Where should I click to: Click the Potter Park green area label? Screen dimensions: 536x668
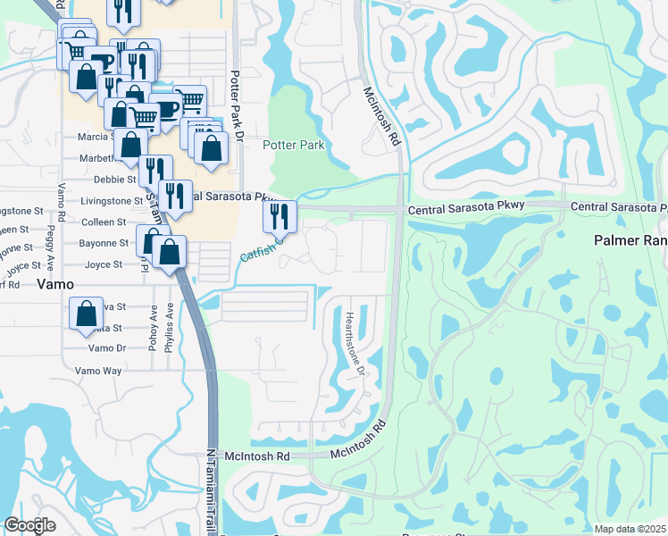coord(293,145)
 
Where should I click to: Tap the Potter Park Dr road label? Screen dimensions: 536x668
coord(238,104)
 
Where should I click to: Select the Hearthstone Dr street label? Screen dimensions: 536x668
coord(355,343)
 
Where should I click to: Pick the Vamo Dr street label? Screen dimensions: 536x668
coord(107,348)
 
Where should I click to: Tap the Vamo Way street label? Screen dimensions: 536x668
coord(98,371)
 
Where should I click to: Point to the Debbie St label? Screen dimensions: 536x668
coord(113,180)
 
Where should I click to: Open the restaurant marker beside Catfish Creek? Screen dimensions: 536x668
coord(280,215)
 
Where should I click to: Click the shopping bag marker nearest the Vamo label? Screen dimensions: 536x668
coord(86,314)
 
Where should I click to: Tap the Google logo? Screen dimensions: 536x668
coord(29,525)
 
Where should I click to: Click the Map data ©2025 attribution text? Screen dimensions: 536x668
coord(629,529)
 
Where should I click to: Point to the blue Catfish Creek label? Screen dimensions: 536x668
coord(261,248)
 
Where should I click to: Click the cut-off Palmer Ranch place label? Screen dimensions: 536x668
coord(630,241)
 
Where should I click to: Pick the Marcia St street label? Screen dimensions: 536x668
coord(94,137)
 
